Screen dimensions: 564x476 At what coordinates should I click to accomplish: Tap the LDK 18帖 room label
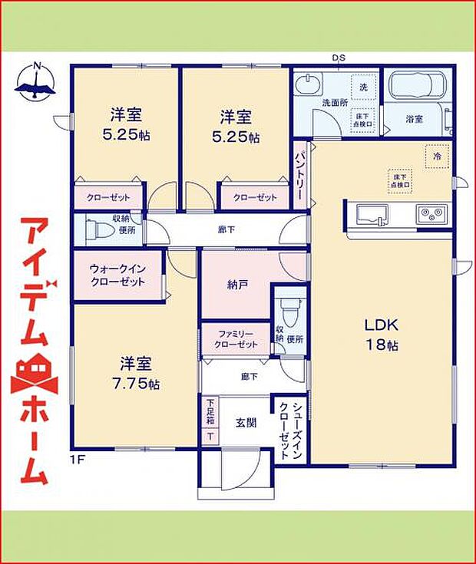(381, 334)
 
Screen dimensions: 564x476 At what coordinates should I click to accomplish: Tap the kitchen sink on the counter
(372, 213)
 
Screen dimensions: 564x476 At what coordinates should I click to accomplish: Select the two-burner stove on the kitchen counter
(432, 213)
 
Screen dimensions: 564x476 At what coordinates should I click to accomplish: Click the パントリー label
(301, 176)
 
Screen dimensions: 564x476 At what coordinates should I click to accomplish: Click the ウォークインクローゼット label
(117, 275)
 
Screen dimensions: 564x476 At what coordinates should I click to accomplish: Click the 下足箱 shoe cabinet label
(210, 412)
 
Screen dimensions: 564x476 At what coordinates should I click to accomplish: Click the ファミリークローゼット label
(236, 339)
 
